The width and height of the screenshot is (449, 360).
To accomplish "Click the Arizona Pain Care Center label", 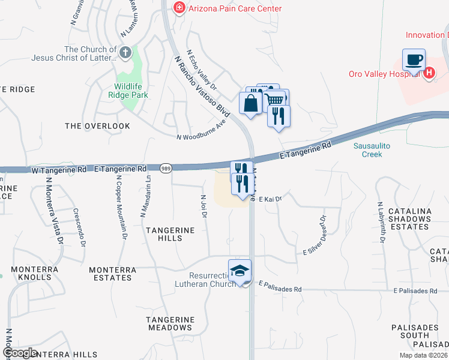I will click(235, 8).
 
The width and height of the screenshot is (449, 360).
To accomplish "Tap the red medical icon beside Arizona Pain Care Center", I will click(178, 8).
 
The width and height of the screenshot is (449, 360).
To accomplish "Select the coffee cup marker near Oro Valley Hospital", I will click(414, 61).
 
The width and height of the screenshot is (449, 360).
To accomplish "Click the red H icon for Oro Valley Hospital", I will click(429, 74).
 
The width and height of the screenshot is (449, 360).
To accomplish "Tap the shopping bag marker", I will click(250, 103).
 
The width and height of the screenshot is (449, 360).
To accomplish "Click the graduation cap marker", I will click(240, 271).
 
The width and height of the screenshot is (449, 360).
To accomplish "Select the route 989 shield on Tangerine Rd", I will click(166, 169).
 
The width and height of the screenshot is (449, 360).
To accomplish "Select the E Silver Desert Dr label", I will click(315, 235).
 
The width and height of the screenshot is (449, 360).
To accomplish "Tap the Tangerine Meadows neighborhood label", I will click(171, 323).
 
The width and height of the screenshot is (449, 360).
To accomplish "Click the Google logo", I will click(19, 353).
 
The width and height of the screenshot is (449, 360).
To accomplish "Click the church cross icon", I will click(125, 53).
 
